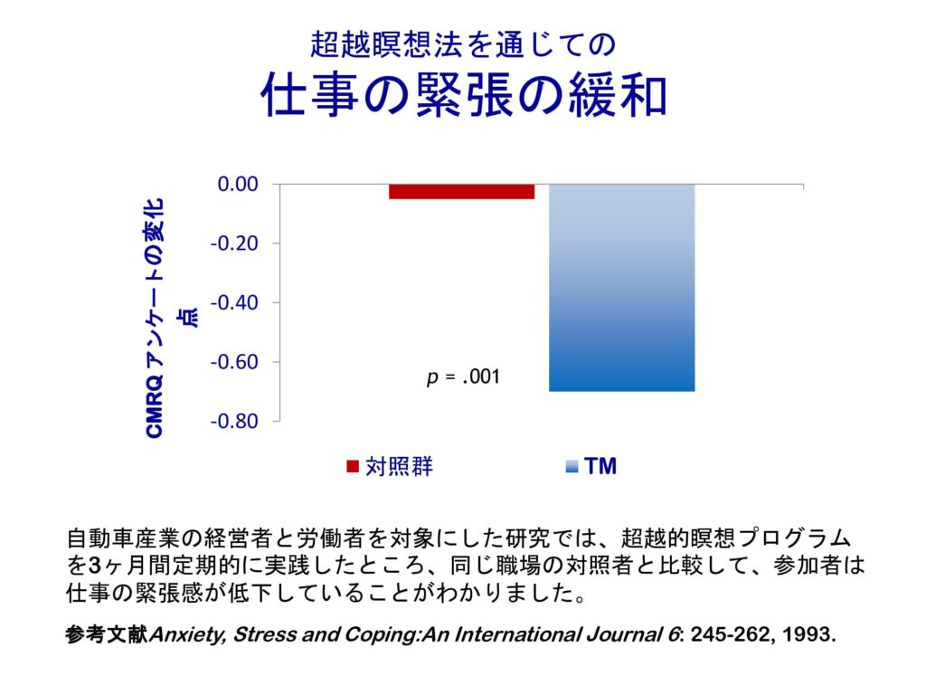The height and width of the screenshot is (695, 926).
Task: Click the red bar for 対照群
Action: (461, 191)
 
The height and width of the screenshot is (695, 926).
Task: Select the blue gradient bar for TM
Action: (621, 288)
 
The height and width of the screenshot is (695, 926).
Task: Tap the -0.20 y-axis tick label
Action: (234, 244)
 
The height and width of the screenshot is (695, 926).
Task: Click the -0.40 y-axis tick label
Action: (234, 303)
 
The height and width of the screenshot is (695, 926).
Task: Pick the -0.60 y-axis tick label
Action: (234, 362)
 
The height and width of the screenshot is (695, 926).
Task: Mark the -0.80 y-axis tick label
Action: (234, 422)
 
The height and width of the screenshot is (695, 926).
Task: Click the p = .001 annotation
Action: (463, 376)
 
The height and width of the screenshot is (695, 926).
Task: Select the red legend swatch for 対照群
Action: (353, 467)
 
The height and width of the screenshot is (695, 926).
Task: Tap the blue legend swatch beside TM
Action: (571, 467)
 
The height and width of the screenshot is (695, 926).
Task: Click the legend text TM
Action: (600, 467)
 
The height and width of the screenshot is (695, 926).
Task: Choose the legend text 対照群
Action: (399, 467)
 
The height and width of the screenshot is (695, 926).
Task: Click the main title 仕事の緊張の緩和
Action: (463, 95)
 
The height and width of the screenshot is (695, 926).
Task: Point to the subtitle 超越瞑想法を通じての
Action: (463, 43)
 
